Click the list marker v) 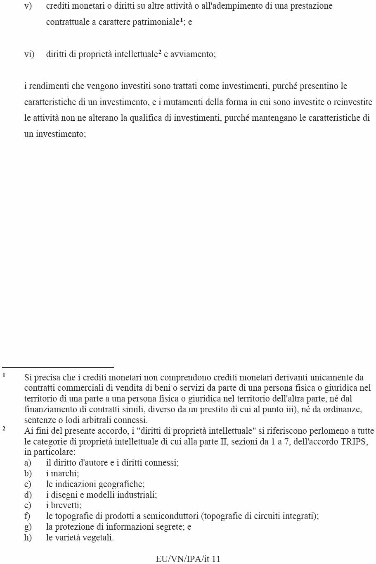coord(28,6)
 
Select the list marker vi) coord(29,54)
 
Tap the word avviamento coord(193,54)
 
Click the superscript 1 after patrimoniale coord(181,20)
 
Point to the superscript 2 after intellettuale coord(160,52)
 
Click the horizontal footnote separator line coord(58,367)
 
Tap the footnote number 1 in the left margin coord(4,375)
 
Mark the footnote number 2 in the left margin coord(4,428)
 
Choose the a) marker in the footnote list coord(28,463)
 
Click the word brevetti coord(66,505)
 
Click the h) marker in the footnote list coord(28,538)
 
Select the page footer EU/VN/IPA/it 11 coord(188,559)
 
